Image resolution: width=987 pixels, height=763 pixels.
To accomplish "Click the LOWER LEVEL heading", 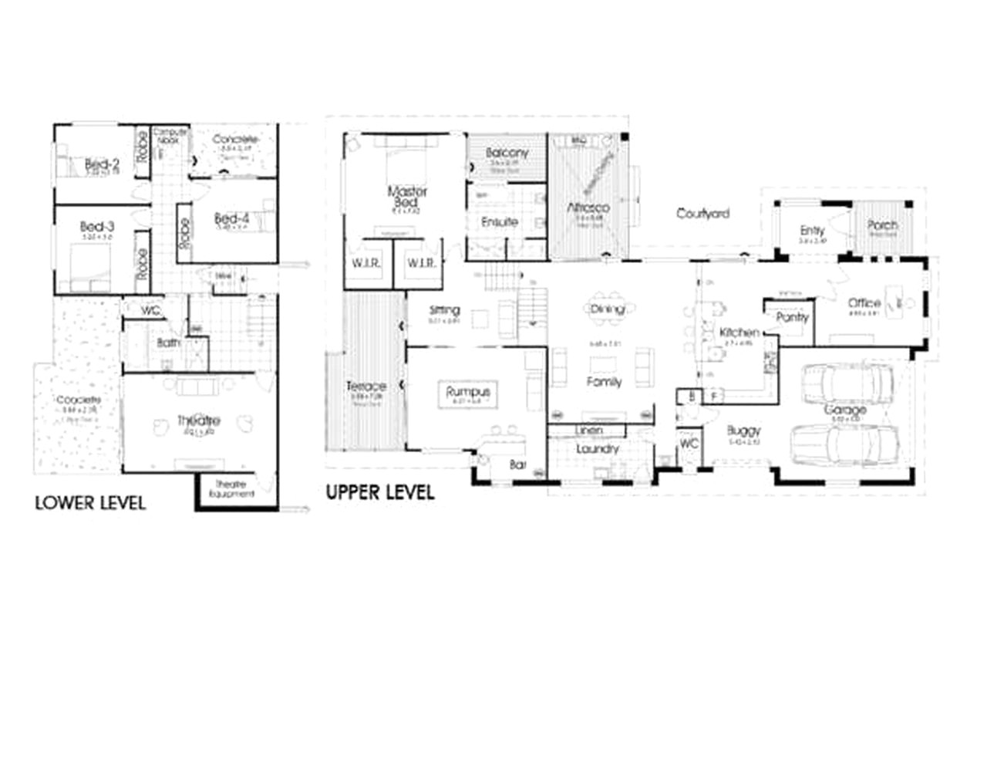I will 90,503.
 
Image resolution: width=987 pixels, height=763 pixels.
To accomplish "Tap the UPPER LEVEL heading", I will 380,491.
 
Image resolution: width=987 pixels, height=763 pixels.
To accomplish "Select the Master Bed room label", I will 407,196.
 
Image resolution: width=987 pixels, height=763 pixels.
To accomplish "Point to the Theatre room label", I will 199,420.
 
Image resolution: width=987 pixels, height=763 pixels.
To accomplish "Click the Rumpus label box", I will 468,393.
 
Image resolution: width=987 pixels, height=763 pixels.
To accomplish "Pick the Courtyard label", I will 702,213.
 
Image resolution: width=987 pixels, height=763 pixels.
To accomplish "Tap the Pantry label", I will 792,317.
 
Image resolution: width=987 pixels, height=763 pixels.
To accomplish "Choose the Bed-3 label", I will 97,228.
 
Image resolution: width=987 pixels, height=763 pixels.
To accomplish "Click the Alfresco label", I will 588,208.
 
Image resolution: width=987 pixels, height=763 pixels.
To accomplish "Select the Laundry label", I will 598,449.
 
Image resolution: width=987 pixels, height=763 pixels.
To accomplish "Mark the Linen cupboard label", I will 589,430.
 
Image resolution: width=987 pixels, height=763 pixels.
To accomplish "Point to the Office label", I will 864,303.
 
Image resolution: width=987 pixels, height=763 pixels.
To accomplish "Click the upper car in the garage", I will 847,380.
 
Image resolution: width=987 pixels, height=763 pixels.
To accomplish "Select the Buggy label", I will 744,430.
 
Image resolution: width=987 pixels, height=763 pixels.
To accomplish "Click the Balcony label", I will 507,153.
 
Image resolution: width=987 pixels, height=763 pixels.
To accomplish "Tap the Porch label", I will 882,225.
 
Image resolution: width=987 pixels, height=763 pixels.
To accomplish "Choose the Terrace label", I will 365,386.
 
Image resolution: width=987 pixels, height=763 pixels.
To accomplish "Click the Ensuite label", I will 499,222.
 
